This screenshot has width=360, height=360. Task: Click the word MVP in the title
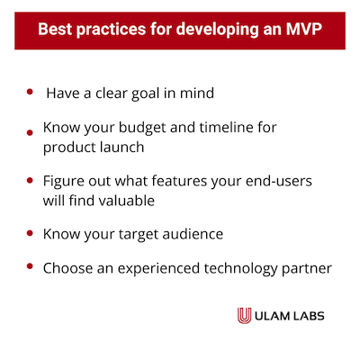304,29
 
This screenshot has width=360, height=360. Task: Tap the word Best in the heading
55,29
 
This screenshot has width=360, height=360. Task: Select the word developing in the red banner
217,31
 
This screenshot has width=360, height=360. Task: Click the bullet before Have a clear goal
30,92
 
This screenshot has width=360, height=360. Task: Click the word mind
197,93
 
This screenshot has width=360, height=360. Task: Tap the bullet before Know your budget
30,132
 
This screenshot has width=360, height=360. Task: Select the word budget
142,128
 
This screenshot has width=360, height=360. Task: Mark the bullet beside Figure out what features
30,180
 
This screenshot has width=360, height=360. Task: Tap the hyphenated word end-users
279,181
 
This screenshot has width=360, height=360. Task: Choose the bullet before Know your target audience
30,233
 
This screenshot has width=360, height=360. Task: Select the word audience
193,234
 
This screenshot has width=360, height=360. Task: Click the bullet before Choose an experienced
30,266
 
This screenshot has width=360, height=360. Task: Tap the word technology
240,269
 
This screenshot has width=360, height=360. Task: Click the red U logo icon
244,316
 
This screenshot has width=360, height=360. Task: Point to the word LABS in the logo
309,316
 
